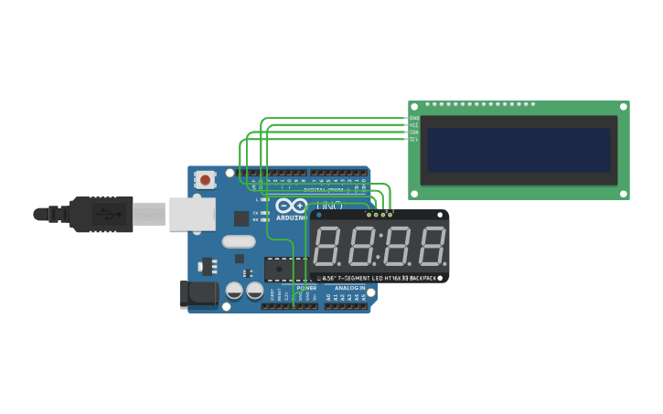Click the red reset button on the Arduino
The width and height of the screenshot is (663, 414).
pyautogui.click(x=205, y=180)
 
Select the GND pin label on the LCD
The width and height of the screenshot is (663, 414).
pyautogui.click(x=414, y=119)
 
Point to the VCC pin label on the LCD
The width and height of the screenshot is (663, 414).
pyautogui.click(x=414, y=125)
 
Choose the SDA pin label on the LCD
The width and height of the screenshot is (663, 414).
pyautogui.click(x=414, y=133)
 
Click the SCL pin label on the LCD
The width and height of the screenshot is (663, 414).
pyautogui.click(x=414, y=139)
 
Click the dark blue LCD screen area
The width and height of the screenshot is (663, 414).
pyautogui.click(x=518, y=149)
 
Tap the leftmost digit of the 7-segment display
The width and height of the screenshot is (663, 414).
pyautogui.click(x=327, y=246)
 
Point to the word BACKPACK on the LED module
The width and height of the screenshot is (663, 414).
pyautogui.click(x=422, y=278)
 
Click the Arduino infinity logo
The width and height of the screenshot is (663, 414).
pyautogui.click(x=292, y=207)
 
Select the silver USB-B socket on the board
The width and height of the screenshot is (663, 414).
pyautogui.click(x=192, y=214)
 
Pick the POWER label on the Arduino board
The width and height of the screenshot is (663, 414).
pyautogui.click(x=306, y=288)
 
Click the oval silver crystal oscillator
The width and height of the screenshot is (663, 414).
pyautogui.click(x=238, y=242)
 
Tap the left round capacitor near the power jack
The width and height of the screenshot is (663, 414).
pyautogui.click(x=234, y=291)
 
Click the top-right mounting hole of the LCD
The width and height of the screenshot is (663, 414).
pyautogui.click(x=624, y=107)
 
